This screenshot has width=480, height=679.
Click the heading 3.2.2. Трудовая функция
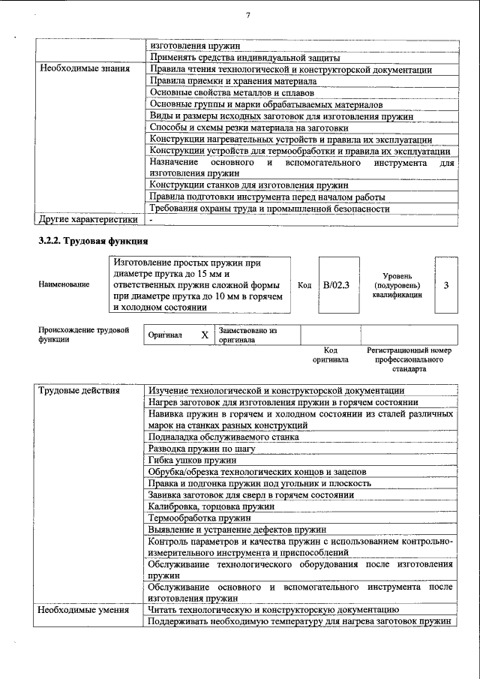(92, 241)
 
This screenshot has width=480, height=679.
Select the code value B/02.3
(336, 284)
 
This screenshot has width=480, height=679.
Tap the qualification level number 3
(446, 284)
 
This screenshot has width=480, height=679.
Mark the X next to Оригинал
(204, 335)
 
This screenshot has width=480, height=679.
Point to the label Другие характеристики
(88, 220)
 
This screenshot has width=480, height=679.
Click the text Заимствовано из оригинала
(248, 335)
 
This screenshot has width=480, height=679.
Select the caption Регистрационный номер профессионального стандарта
(409, 359)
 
